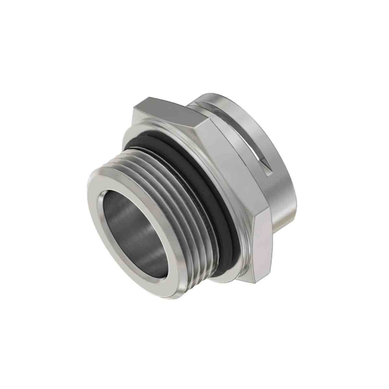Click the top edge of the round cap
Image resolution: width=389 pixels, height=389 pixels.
pos(233,96)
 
